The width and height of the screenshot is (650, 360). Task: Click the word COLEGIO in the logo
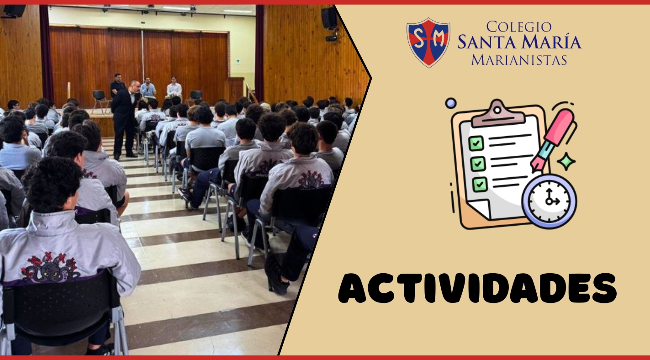pyautogui.click(x=519, y=27)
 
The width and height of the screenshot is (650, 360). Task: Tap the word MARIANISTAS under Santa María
pyautogui.click(x=519, y=60)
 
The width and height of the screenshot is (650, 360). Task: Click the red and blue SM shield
pyautogui.click(x=428, y=42)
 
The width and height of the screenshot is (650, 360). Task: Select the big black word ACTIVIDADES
pyautogui.click(x=477, y=288)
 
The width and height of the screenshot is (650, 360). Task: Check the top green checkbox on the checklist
pyautogui.click(x=476, y=143)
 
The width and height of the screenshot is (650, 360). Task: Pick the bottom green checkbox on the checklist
pyautogui.click(x=480, y=185)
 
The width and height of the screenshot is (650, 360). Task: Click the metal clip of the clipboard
pyautogui.click(x=498, y=113)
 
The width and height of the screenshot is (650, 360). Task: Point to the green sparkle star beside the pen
pyautogui.click(x=566, y=162)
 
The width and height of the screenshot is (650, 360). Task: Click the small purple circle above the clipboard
pyautogui.click(x=451, y=103)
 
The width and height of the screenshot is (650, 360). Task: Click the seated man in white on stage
pyautogui.click(x=174, y=88)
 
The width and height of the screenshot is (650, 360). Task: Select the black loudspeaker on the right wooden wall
pyautogui.click(x=329, y=18)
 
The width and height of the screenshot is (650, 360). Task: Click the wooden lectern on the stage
pyautogui.click(x=234, y=90)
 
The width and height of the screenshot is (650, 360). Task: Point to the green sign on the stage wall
pyautogui.click(x=238, y=61)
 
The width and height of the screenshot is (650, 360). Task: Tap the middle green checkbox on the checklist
pyautogui.click(x=478, y=164)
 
